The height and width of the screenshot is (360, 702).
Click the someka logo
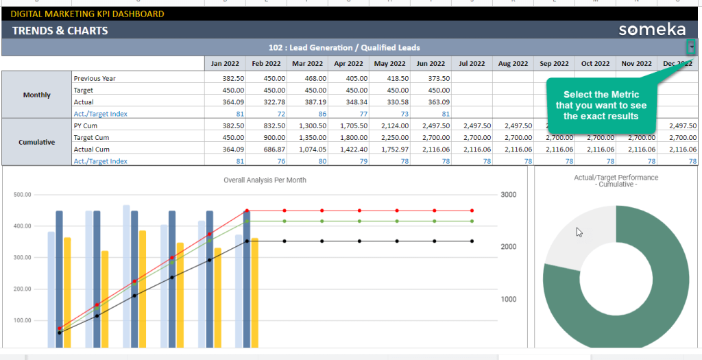[652, 29]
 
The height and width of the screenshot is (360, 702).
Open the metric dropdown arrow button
[692, 47]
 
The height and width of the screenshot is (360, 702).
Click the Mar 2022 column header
[307, 64]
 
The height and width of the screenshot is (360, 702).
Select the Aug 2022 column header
[513, 64]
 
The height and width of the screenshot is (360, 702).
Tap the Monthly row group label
[36, 95]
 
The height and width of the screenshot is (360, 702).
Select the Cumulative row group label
[36, 143]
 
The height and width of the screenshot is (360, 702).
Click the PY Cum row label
[85, 126]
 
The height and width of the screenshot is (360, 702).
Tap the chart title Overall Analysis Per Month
[265, 180]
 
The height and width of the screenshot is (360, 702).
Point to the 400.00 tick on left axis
[23, 226]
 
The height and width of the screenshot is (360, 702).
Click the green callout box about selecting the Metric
[601, 106]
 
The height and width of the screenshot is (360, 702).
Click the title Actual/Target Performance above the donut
[616, 178]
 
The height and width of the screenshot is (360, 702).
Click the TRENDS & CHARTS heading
[60, 30]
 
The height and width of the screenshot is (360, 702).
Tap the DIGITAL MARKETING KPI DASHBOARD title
[87, 14]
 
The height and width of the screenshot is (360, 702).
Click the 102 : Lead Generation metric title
[344, 48]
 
